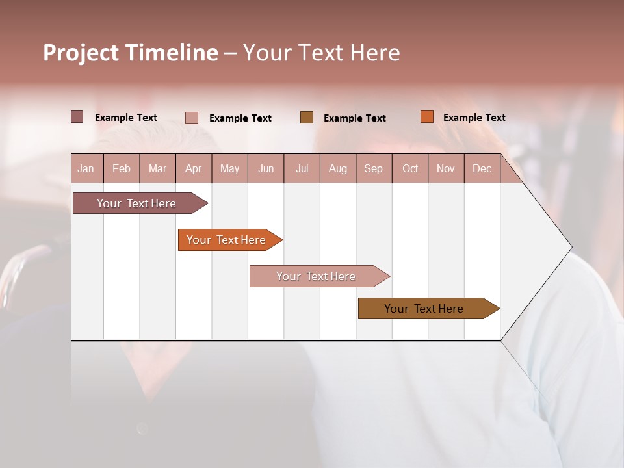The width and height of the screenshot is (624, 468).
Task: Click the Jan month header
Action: pyautogui.click(x=86, y=169)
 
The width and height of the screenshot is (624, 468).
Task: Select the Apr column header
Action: pyautogui.click(x=193, y=169)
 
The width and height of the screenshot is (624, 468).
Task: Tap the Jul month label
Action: pyautogui.click(x=302, y=169)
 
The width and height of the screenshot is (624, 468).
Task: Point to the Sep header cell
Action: pyautogui.click(x=373, y=169)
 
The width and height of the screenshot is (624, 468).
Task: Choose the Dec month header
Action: pyautogui.click(x=482, y=169)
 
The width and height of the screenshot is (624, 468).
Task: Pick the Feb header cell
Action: pyautogui.click(x=122, y=169)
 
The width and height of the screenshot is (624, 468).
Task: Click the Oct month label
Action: pyautogui.click(x=410, y=169)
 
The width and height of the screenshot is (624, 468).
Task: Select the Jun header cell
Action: pyautogui.click(x=266, y=169)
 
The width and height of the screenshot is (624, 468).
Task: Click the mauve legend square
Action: pyautogui.click(x=77, y=117)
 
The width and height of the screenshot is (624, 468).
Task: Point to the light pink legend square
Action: pyautogui.click(x=192, y=118)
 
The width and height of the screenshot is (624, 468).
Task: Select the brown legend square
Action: pyautogui.click(x=307, y=117)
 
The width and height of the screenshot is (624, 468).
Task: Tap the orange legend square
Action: pyautogui.click(x=427, y=117)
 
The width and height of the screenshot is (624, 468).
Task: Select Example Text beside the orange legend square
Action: pyautogui.click(x=474, y=118)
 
